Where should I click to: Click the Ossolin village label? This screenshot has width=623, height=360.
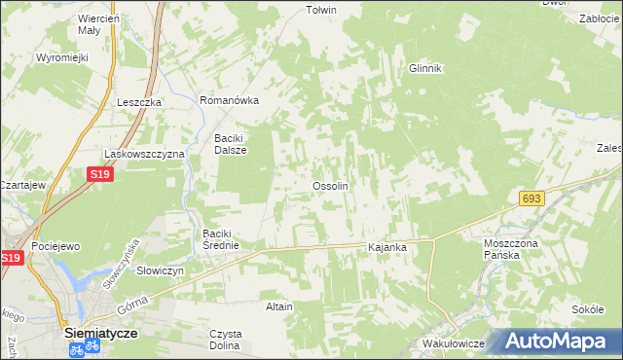pos(330,185)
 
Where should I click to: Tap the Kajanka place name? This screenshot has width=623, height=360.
pos(386,248)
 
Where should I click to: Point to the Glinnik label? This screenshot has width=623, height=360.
pos(425,68)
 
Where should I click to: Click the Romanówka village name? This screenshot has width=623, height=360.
pos(228,100)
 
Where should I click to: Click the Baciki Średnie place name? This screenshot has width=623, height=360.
pos(228,239)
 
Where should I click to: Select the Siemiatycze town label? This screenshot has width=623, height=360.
pos(100,332)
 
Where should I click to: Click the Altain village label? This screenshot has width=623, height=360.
pos(279,306)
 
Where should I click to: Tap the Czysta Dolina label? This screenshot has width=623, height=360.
pos(226,340)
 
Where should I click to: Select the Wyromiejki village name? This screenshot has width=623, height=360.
pos(62,57)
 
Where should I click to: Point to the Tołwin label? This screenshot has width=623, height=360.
pos(321,10)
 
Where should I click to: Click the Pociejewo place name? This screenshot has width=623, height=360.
pos(55,247)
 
